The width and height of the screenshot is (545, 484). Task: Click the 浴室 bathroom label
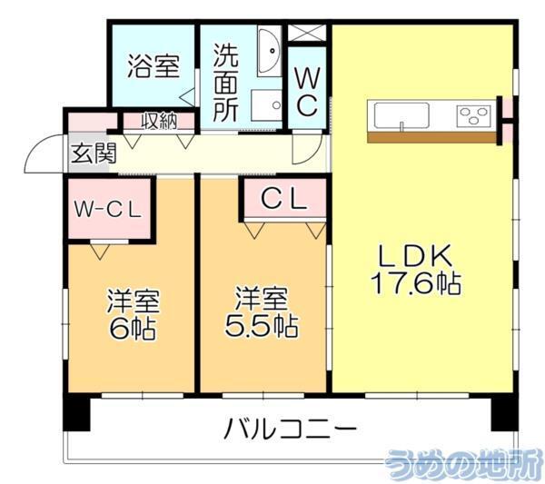[152, 66]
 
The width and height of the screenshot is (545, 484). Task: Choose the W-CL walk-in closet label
[106, 209]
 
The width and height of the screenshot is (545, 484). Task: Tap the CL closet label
[282, 199]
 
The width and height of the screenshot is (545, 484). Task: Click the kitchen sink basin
[400, 116]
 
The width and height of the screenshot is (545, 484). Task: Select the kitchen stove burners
[472, 116]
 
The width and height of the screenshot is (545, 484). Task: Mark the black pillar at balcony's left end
[77, 413]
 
